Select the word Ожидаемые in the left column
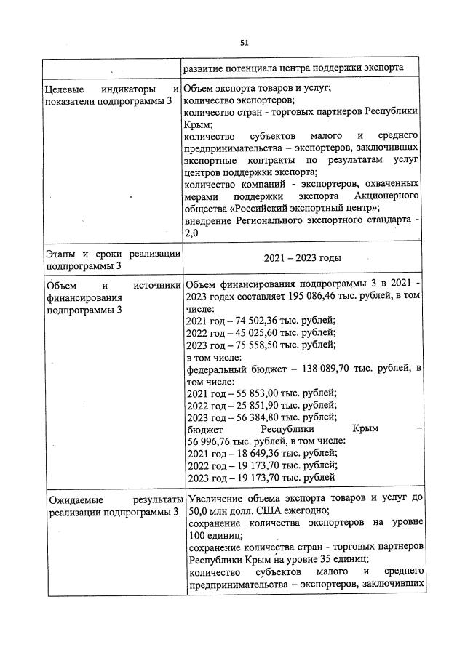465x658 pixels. (77, 501)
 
